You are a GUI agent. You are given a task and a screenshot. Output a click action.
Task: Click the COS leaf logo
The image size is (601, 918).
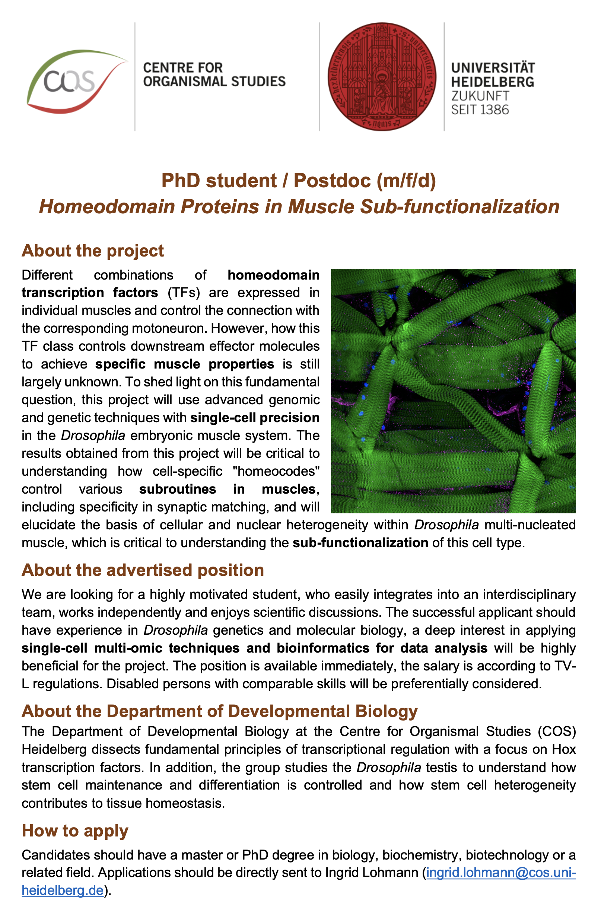click(75, 82)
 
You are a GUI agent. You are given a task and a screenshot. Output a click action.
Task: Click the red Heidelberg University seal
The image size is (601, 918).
click(382, 76)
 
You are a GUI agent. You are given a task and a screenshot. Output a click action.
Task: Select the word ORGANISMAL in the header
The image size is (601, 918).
click(179, 82)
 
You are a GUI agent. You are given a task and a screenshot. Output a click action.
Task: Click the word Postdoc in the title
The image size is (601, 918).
click(332, 181)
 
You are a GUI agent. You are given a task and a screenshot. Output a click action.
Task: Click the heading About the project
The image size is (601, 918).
click(93, 251)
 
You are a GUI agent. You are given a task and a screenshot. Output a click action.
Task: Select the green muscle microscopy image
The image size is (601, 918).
click(453, 391)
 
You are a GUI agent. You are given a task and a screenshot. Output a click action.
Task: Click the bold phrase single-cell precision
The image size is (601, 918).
click(255, 418)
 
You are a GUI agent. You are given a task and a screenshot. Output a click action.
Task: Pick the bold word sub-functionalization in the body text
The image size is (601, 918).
click(360, 543)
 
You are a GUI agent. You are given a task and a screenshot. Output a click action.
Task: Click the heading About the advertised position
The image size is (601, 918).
click(143, 570)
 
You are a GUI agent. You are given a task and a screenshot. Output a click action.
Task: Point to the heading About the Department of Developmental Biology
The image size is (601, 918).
click(219, 711)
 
